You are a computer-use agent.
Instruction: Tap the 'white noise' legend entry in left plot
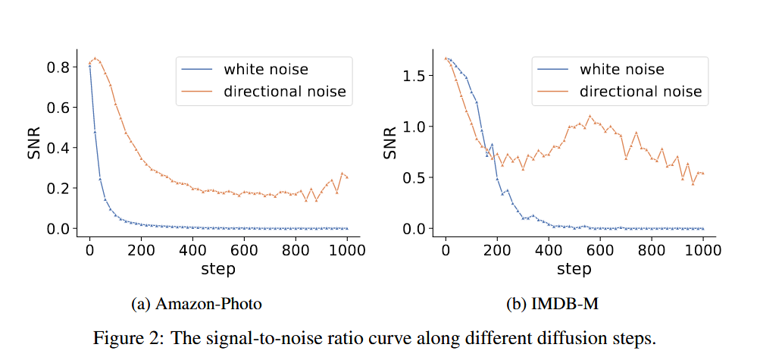(x=265, y=70)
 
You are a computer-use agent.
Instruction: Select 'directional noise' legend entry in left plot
(x=284, y=92)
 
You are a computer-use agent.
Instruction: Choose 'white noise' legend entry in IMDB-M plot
(x=621, y=70)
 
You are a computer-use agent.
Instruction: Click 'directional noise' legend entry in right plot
(x=640, y=92)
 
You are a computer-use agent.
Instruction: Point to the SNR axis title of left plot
(x=34, y=144)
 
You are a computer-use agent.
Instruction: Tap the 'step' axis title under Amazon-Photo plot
(x=218, y=268)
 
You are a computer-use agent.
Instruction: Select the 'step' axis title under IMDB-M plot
(x=574, y=268)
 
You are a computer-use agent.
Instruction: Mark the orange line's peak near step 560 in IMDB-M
(x=590, y=116)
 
